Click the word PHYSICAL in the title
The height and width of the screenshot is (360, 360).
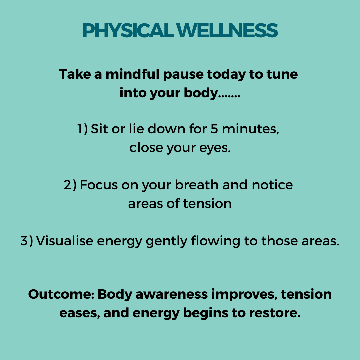[x=128, y=30]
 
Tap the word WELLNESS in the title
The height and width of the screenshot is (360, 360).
[x=227, y=30]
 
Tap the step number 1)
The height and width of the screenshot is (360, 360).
[x=82, y=129]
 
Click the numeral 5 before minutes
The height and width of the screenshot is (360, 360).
[x=214, y=129]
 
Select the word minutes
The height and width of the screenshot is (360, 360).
[x=250, y=129]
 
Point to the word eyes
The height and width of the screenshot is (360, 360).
[x=215, y=148]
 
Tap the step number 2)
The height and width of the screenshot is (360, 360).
[x=70, y=185]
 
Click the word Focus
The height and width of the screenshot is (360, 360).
[x=99, y=185]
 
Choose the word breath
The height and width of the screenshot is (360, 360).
[x=197, y=185]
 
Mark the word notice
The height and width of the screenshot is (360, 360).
[x=272, y=185]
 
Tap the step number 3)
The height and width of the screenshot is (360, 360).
[x=27, y=241]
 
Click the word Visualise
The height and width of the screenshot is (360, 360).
[x=65, y=241]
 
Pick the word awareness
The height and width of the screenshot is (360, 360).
[x=172, y=294]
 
